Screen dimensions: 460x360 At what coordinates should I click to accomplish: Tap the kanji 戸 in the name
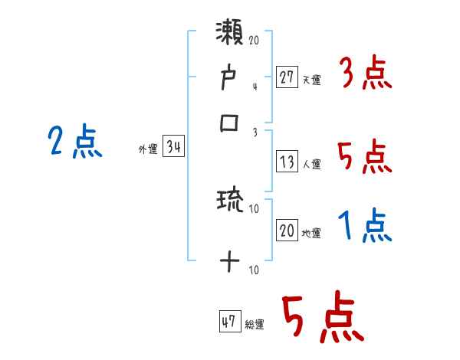pos(229,79)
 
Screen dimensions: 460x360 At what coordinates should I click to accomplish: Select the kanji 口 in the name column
pos(229,123)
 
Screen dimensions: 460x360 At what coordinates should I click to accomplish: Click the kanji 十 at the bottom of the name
pos(229,263)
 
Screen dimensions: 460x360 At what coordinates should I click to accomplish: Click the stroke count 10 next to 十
pos(254,270)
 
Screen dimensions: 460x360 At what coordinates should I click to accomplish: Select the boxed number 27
pos(287,77)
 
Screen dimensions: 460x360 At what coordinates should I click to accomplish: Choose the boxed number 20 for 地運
pos(287,231)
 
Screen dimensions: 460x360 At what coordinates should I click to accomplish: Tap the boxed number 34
pos(173,148)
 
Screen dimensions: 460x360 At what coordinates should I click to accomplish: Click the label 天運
pos(311,80)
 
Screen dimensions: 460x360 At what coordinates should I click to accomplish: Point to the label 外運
pos(148,150)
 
